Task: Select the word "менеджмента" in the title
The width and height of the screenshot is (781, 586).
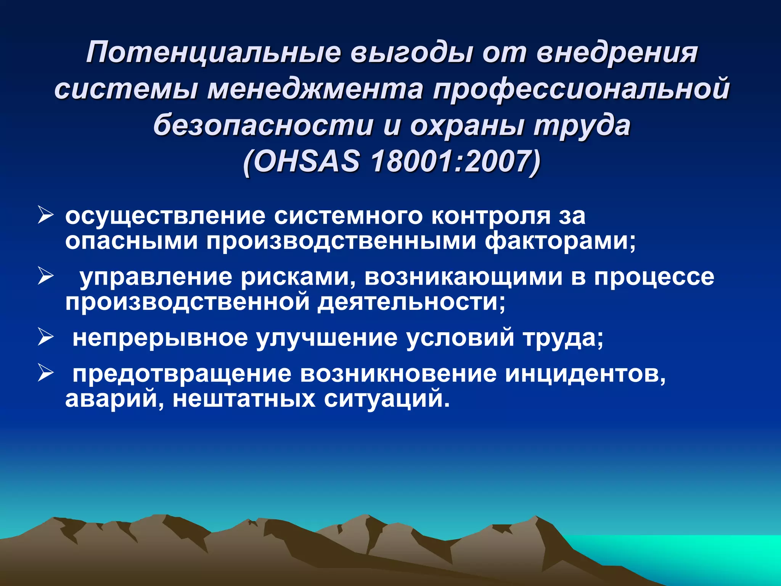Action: pos(315,89)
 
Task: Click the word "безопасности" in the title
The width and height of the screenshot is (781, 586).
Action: pos(263,126)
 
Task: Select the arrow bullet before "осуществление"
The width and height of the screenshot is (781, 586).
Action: pos(45,216)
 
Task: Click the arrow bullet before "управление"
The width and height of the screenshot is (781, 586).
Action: pos(45,277)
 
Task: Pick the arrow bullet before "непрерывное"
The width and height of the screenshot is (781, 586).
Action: pos(45,338)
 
